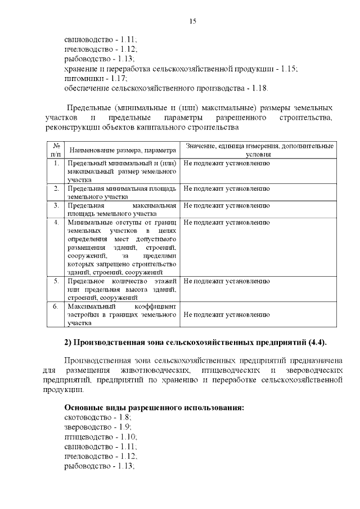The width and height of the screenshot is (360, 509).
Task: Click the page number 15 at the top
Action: pos(192,22)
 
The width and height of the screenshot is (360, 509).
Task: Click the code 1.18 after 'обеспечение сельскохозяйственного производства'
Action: pos(260,88)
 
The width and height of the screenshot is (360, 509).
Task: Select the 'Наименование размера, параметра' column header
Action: pos(121,150)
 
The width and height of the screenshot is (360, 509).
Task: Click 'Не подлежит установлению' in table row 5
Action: pos(223,280)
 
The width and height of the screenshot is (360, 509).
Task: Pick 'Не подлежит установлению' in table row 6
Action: pos(223,315)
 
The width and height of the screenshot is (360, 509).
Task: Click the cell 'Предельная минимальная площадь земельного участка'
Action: pos(121,192)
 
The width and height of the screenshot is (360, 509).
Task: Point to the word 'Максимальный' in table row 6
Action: pos(91,307)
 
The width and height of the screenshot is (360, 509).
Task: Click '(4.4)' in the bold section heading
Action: pos(317,343)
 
